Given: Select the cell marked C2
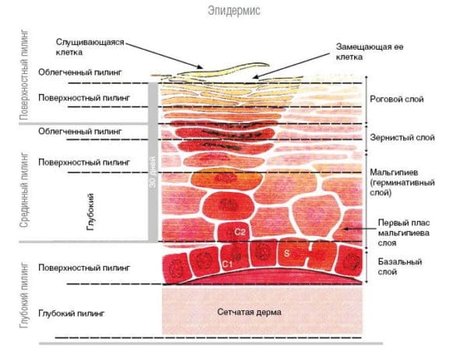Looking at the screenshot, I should pos(241,232).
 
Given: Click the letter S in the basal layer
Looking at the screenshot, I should pos(287,253).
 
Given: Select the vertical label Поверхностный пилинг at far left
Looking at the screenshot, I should pos(24,76).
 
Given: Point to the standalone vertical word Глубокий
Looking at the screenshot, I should pos(91,209).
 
